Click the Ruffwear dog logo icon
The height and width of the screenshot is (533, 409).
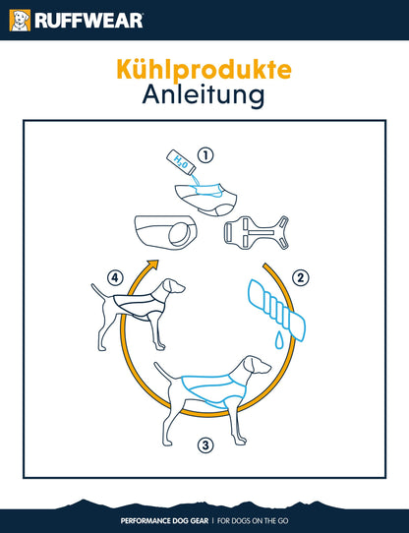click(x=20, y=21)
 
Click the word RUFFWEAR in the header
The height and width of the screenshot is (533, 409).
click(x=89, y=21)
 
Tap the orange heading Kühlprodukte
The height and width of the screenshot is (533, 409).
click(x=204, y=70)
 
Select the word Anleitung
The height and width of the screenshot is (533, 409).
click(x=204, y=94)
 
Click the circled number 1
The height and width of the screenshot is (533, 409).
click(x=205, y=155)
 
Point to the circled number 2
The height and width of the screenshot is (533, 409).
click(x=301, y=278)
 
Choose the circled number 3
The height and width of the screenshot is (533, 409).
click(x=205, y=444)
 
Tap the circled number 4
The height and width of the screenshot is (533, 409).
click(x=115, y=278)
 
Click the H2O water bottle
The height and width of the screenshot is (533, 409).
click(x=181, y=162)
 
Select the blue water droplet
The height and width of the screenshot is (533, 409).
click(x=279, y=341)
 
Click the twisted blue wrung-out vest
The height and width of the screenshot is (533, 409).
click(x=276, y=309)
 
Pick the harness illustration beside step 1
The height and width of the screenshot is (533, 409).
click(x=256, y=233)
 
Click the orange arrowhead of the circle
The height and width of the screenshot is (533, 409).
click(x=153, y=265)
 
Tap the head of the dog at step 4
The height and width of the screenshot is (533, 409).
click(x=173, y=286)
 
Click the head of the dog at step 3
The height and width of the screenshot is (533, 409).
click(x=257, y=365)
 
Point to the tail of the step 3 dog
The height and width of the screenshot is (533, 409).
click(x=164, y=371)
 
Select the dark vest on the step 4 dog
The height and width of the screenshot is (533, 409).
click(x=139, y=307)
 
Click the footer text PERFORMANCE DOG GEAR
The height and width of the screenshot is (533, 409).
click(x=164, y=521)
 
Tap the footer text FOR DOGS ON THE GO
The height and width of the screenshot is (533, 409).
click(x=253, y=521)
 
